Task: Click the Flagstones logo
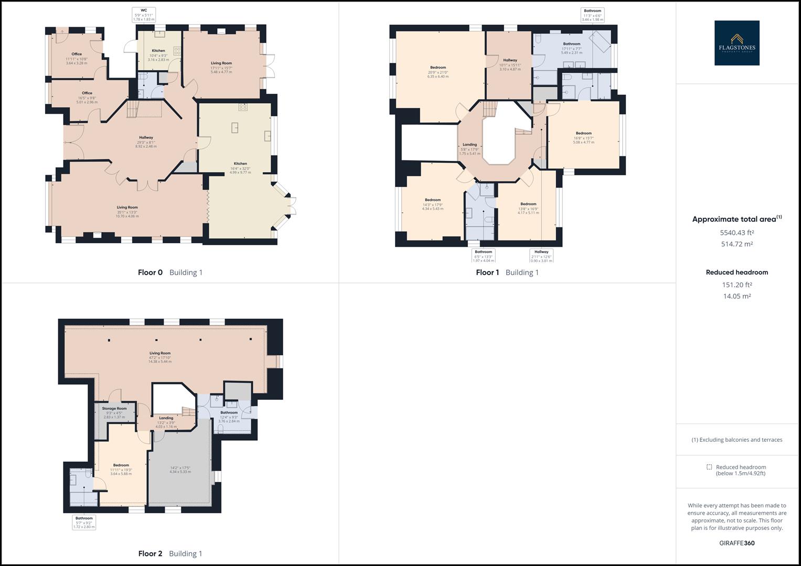tap(736, 43)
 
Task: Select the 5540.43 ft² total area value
tap(736, 233)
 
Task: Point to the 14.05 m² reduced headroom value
tap(736, 296)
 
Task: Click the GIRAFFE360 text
tap(736, 543)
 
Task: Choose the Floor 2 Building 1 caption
tap(170, 553)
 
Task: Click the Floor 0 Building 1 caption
tap(170, 273)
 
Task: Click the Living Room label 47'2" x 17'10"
tap(159, 357)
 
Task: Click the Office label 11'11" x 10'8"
tap(77, 58)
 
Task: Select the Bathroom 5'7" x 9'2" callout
tap(84, 523)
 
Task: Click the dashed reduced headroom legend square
tap(709, 467)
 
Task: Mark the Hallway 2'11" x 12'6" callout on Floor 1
tap(541, 256)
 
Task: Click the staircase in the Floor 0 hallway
tap(133, 110)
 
